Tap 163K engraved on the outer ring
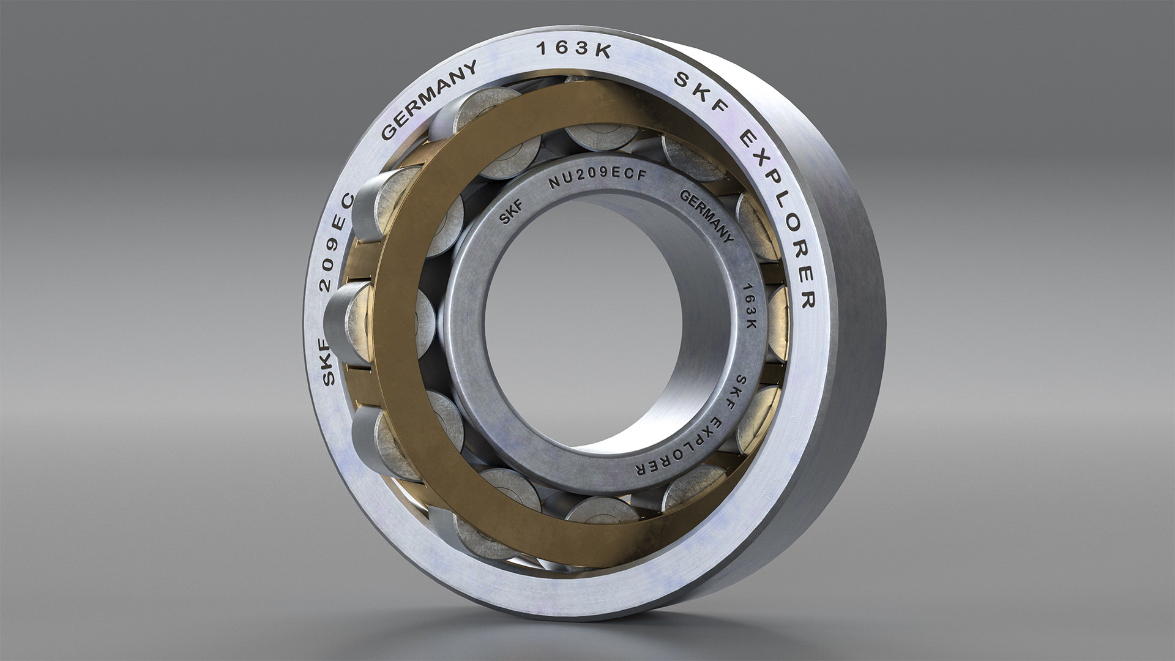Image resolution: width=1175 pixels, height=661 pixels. point(573,51)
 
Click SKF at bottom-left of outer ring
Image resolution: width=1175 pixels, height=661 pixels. point(329,364)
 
